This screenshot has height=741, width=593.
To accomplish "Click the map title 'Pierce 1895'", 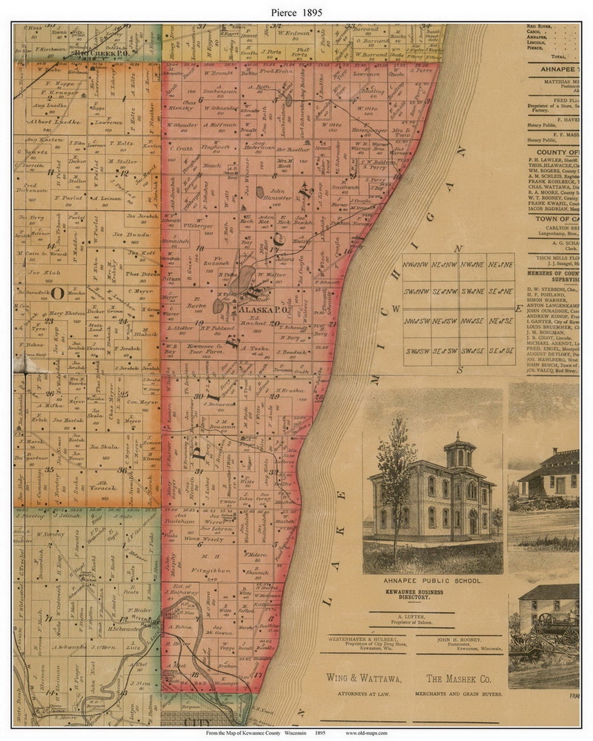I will pos(296,12).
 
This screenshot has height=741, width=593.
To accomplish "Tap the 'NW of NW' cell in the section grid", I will pos(417,265).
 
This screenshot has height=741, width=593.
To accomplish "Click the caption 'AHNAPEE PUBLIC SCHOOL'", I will pos(433,581).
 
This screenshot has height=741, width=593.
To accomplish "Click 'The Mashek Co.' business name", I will pos(458,679).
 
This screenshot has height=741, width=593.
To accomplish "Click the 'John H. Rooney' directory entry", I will pos(459,639).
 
